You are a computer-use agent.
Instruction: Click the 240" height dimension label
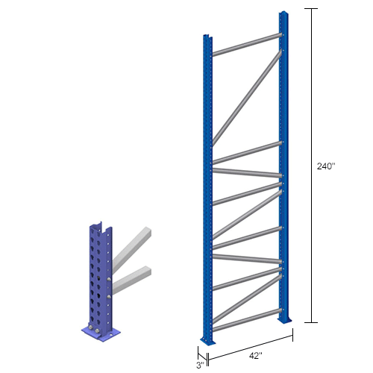pyautogui.click(x=326, y=166)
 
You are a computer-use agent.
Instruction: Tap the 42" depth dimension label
pyautogui.click(x=254, y=357)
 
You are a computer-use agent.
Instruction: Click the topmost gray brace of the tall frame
pyautogui.click(x=247, y=43)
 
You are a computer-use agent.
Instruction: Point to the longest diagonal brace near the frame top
pyautogui.click(x=247, y=97)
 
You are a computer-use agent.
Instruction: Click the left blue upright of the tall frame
pyautogui.click(x=207, y=186)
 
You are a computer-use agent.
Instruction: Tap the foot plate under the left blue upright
pyautogui.click(x=207, y=342)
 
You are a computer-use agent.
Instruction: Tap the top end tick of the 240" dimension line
pyautogui.click(x=310, y=8)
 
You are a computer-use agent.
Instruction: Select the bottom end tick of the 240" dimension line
pyautogui.click(x=310, y=322)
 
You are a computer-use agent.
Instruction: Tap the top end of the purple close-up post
pyautogui.click(x=95, y=225)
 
